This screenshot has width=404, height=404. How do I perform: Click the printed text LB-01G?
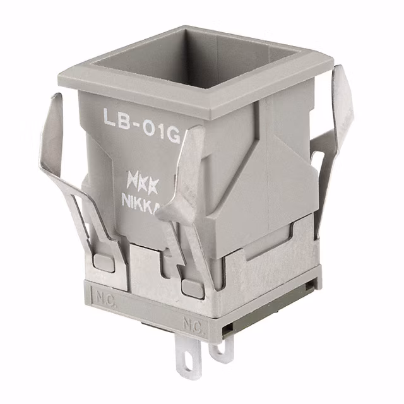pyautogui.click(x=140, y=119)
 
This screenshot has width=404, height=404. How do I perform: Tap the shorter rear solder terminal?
pyautogui.click(x=222, y=349)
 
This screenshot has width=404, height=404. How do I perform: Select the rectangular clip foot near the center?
pyautogui.click(x=190, y=287)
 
